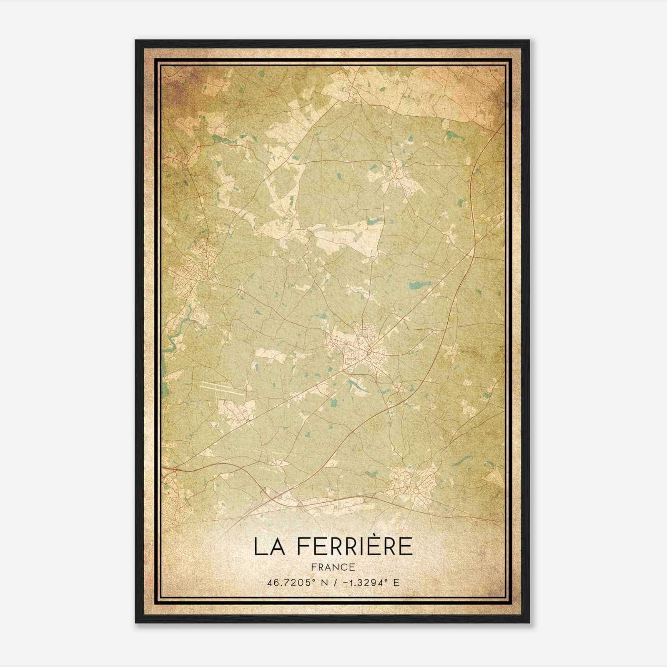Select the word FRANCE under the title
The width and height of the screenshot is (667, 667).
coord(333,567)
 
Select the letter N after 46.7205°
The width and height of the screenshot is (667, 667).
coord(321,583)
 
